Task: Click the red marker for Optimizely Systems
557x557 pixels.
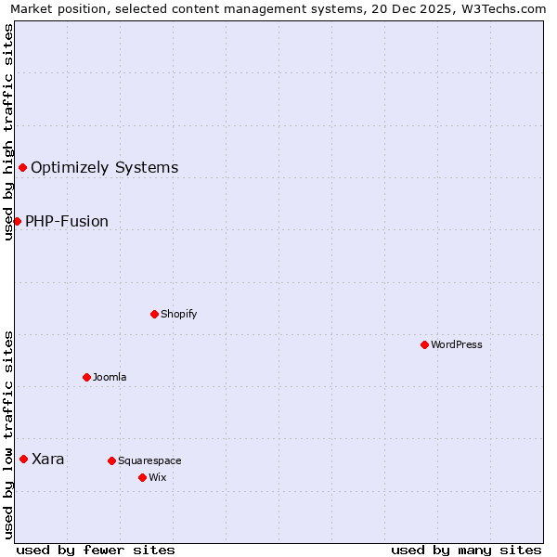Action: click(23, 167)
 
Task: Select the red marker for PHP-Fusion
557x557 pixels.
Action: click(17, 221)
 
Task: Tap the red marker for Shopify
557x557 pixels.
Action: click(154, 314)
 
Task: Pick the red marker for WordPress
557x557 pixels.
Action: click(424, 344)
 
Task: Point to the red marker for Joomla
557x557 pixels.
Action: click(86, 377)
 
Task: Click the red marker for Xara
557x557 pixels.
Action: click(23, 459)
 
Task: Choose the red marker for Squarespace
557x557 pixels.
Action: click(111, 460)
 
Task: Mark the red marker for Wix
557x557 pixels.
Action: click(142, 477)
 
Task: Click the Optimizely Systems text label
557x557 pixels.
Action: click(104, 168)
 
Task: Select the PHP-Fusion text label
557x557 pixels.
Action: click(67, 222)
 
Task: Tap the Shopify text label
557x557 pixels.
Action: click(178, 315)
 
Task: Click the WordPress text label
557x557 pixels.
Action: click(456, 345)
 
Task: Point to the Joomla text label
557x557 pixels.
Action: click(110, 378)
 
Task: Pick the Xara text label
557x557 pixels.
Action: click(48, 460)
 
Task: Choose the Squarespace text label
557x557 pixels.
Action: click(149, 461)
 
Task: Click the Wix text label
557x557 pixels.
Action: click(157, 478)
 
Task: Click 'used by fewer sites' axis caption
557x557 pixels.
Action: click(96, 550)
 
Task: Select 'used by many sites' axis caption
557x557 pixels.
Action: click(465, 550)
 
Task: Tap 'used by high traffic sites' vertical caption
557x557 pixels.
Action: click(8, 132)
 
